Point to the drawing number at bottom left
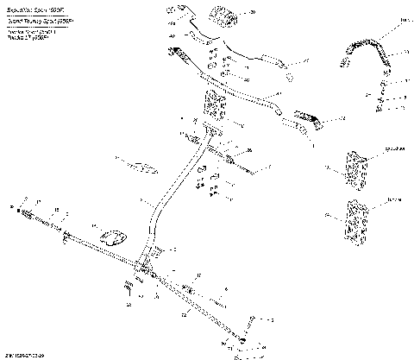coord(24,354)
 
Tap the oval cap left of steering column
coord(113,235)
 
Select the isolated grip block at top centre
coord(221,15)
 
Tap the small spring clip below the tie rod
coord(129,284)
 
